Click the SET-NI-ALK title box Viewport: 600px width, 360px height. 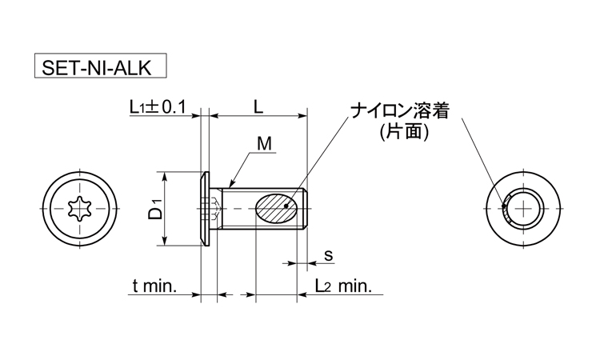(101, 66)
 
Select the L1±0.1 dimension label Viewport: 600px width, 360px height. (158, 107)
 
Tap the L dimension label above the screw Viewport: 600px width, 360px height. (258, 107)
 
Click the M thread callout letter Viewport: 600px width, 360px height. (264, 144)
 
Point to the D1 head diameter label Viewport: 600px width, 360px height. (156, 209)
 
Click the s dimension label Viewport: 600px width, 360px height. (328, 255)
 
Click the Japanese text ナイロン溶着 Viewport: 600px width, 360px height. (399, 112)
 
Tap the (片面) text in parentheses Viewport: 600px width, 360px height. (404, 132)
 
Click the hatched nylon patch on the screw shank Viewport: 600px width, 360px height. (275, 209)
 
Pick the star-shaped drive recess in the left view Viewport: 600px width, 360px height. (80, 209)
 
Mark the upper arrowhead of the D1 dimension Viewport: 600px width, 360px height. (165, 176)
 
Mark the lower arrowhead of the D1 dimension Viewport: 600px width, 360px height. (165, 242)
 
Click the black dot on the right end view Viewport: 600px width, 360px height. (503, 206)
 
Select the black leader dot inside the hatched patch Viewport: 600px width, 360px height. (286, 206)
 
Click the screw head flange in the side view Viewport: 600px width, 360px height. (206, 209)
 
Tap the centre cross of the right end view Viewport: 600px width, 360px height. (523, 209)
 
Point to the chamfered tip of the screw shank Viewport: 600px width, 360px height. (306, 209)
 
